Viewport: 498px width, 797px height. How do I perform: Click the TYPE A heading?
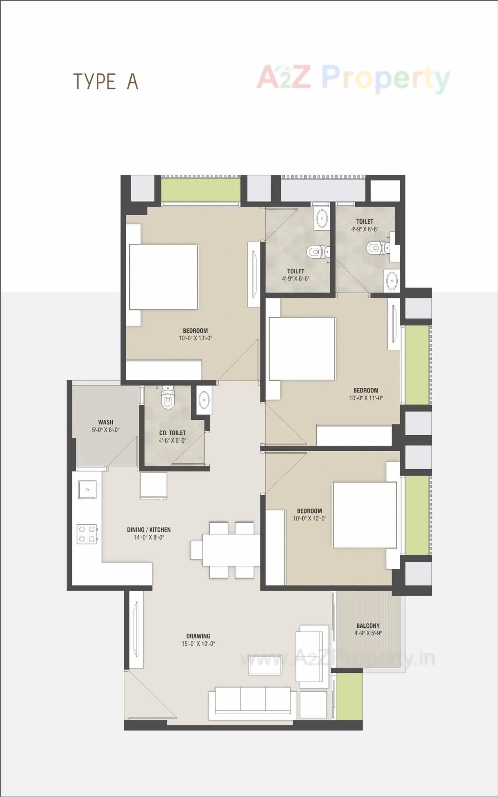(x=106, y=82)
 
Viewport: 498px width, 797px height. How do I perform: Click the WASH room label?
(x=105, y=422)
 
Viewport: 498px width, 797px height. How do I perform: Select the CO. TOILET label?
(x=172, y=433)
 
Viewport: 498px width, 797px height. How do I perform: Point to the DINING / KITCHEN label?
(x=149, y=530)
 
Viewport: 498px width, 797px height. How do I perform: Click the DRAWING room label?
(x=198, y=636)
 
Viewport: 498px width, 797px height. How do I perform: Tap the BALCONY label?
(x=368, y=626)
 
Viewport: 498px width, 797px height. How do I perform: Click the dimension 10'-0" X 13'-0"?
(x=195, y=338)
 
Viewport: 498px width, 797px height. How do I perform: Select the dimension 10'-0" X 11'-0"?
(x=366, y=398)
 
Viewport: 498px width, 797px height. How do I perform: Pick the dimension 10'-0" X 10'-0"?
(x=309, y=518)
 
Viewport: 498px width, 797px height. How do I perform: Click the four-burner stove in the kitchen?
(x=87, y=534)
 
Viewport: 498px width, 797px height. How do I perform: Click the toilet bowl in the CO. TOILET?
(x=168, y=401)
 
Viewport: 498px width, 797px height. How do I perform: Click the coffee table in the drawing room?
(x=266, y=665)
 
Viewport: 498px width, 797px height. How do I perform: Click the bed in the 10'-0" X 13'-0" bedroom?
(x=163, y=277)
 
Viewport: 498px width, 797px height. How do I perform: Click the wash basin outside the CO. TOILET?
(x=204, y=400)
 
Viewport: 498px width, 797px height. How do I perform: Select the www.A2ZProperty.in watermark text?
(x=337, y=659)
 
